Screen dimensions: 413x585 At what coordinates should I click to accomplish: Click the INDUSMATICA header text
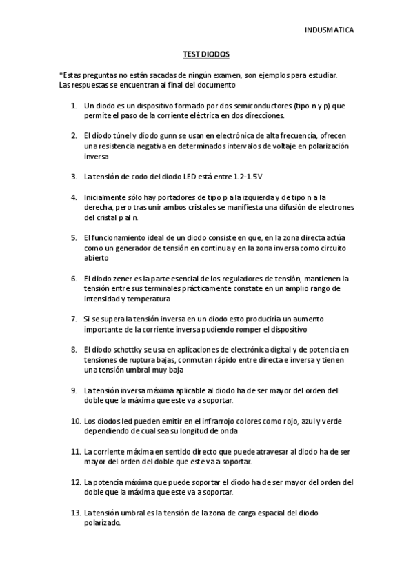pyautogui.click(x=330, y=30)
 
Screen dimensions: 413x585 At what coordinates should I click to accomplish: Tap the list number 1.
pyautogui.click(x=74, y=106)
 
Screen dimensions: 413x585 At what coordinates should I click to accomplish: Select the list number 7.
pyautogui.click(x=74, y=319)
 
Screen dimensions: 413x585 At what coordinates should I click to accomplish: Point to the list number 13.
pyautogui.click(x=76, y=513)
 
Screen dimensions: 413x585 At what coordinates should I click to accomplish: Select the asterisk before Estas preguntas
pyautogui.click(x=61, y=75)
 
